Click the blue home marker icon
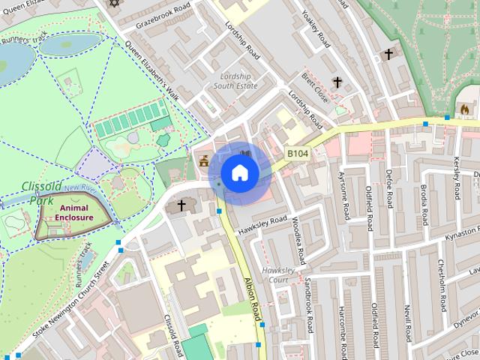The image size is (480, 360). click(x=239, y=173)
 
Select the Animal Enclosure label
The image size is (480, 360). click(x=73, y=213)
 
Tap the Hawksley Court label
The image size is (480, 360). click(x=274, y=275)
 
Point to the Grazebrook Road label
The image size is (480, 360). click(x=169, y=15)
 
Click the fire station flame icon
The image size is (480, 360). click(x=464, y=109)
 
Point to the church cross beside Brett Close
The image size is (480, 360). click(x=337, y=82)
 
